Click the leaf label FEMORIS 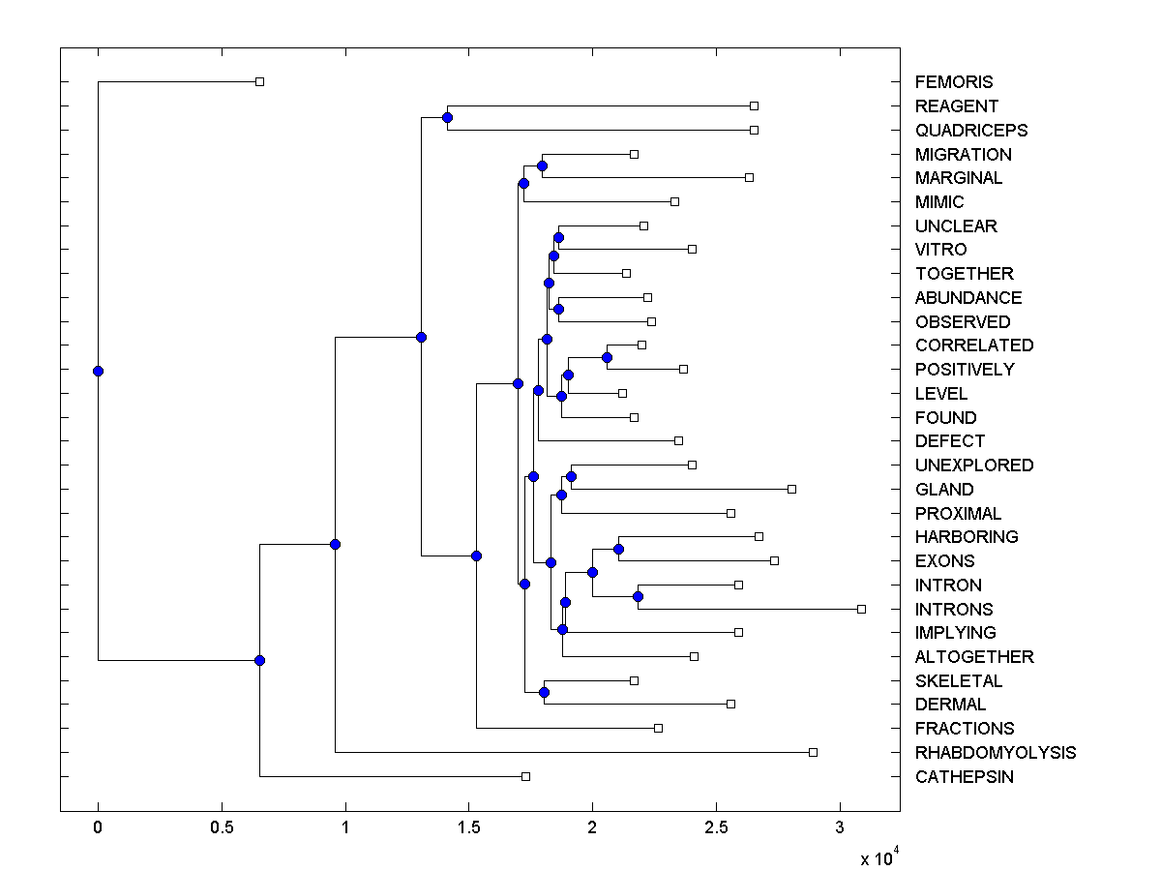click(953, 82)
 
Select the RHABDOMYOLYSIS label click(995, 753)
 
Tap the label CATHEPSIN click(964, 777)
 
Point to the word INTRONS click(954, 610)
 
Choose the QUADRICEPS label click(970, 131)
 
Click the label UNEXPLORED click(973, 466)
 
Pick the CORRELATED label click(973, 345)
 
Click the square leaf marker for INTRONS click(861, 609)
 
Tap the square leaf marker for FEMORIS click(259, 81)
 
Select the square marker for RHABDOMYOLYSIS click(813, 752)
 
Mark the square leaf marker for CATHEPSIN click(525, 776)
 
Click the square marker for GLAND click(791, 489)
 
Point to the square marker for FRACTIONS click(658, 728)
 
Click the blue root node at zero click(98, 371)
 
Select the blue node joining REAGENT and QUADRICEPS click(447, 118)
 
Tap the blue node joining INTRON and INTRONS click(638, 596)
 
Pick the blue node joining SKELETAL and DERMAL click(544, 692)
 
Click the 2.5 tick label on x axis click(716, 828)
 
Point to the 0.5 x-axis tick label click(222, 828)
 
